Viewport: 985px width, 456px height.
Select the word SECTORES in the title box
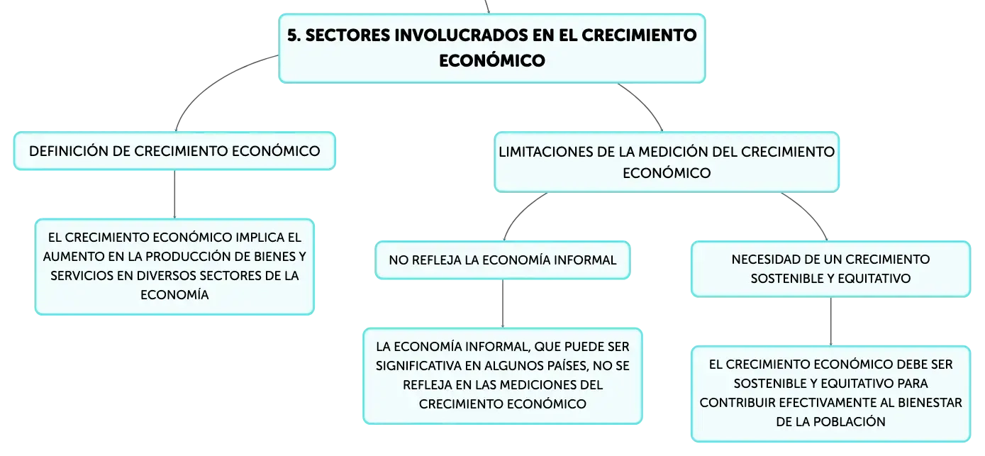[x=347, y=35]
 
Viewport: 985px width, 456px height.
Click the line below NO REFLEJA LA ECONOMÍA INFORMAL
[x=503, y=304]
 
